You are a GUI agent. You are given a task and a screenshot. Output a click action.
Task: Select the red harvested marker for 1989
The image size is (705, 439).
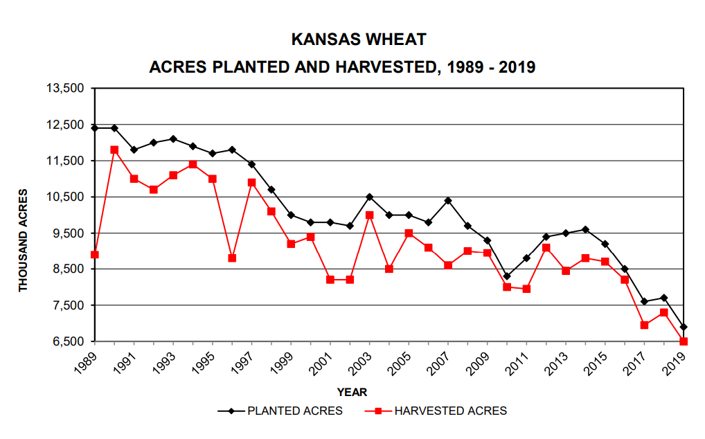[95, 255]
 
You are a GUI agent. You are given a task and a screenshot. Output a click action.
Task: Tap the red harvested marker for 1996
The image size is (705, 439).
[232, 258]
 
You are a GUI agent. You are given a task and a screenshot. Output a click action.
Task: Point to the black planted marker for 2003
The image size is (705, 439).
[369, 197]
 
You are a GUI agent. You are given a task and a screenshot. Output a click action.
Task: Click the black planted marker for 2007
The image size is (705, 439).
[448, 201]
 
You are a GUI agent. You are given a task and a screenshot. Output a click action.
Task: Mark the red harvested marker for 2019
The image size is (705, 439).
[684, 341]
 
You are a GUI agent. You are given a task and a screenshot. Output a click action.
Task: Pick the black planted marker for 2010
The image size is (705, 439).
[507, 276]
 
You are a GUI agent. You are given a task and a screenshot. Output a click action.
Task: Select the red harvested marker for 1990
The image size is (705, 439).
[114, 150]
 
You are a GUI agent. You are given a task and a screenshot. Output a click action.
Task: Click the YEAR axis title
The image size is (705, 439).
[352, 393]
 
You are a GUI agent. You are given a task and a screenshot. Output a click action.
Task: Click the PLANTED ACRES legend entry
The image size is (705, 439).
[294, 411]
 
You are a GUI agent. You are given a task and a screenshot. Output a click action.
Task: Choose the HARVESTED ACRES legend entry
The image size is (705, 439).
[450, 411]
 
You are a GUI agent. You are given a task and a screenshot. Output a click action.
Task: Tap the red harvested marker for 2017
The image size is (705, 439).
[644, 325]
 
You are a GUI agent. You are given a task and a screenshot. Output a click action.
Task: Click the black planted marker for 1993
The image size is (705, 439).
[173, 138]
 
